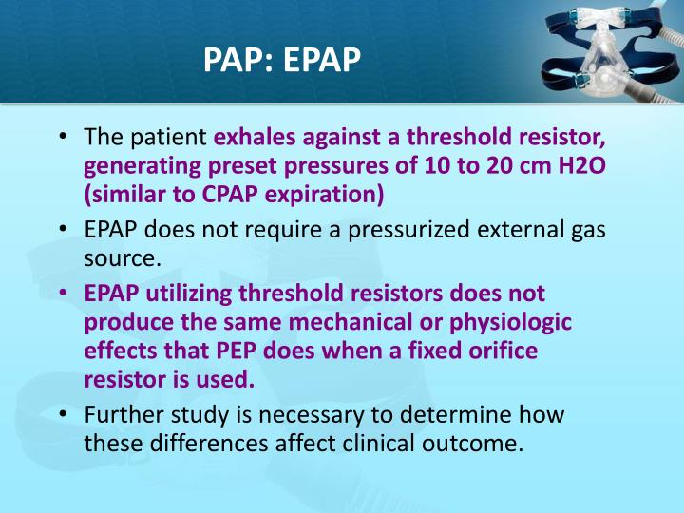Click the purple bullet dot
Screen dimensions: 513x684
point(62,294)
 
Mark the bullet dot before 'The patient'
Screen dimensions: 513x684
point(62,138)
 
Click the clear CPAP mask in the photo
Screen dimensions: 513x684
point(608,59)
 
